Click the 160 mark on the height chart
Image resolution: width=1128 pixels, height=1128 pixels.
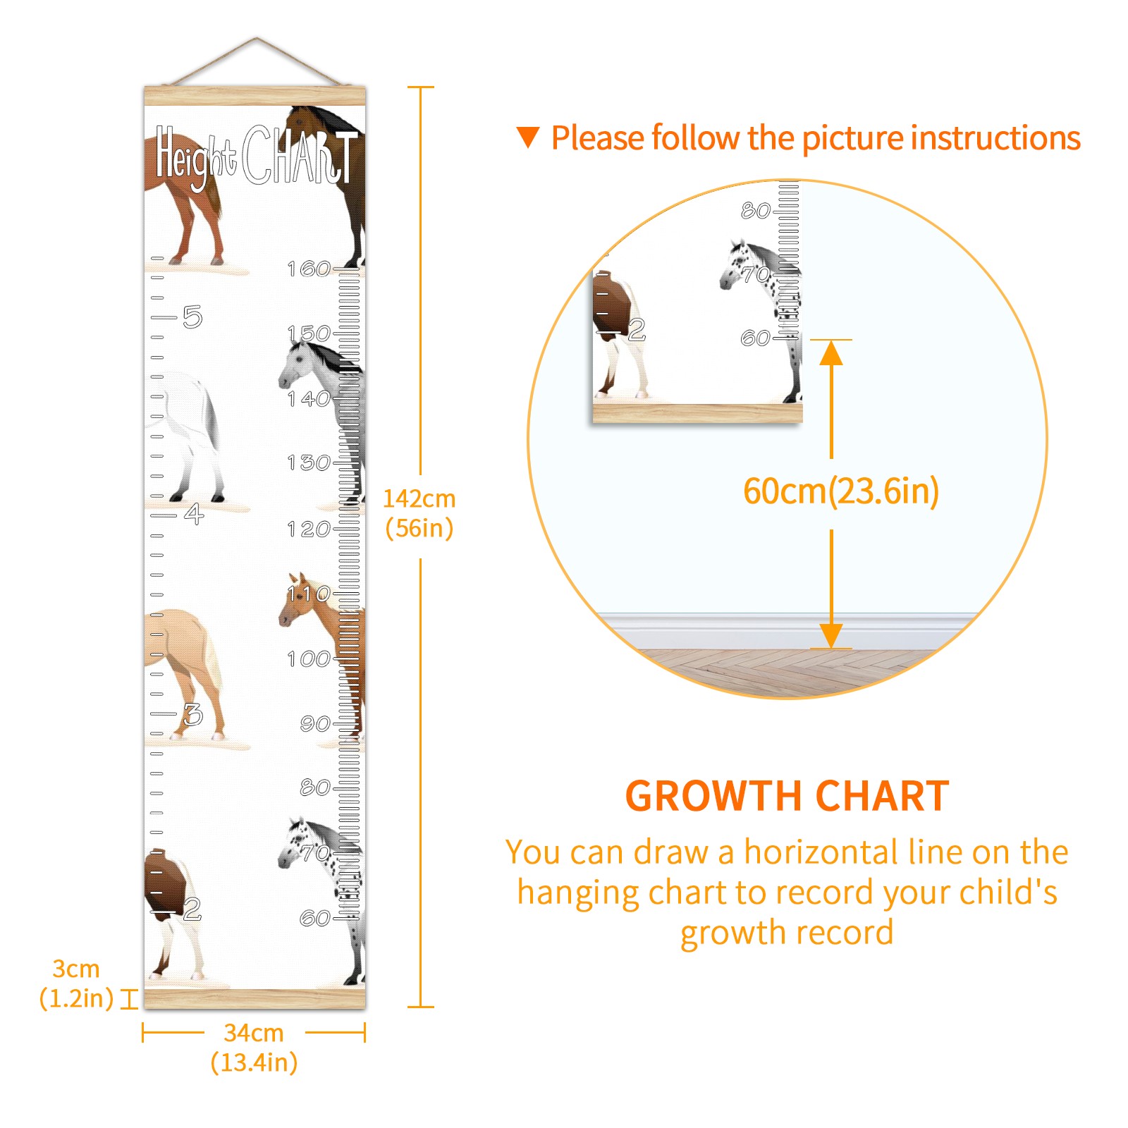pos(309,269)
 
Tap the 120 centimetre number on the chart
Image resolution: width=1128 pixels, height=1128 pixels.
pos(309,529)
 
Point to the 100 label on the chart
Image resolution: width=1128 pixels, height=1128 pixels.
pos(309,658)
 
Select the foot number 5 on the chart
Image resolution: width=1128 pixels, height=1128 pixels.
pos(192,317)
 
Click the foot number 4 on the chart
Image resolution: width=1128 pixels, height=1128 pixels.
pos(194,513)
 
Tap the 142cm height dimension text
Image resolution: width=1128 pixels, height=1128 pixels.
pos(419,513)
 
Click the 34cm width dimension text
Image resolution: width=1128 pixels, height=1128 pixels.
pos(254,1047)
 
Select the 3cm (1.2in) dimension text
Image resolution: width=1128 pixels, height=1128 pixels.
pos(76,983)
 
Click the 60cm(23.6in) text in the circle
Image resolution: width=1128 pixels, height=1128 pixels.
pos(841,491)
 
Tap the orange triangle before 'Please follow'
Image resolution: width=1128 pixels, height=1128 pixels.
pos(528,137)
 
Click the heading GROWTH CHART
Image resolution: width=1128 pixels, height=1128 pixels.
pos(787,796)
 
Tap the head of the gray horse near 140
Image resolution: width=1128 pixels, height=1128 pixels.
pos(296,362)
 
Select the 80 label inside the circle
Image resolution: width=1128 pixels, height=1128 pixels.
pos(756,210)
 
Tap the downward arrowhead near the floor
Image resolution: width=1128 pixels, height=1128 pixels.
pos(831,636)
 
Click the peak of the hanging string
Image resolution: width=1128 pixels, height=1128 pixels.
pos(257,38)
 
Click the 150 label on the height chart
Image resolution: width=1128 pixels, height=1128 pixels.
pos(309,333)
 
